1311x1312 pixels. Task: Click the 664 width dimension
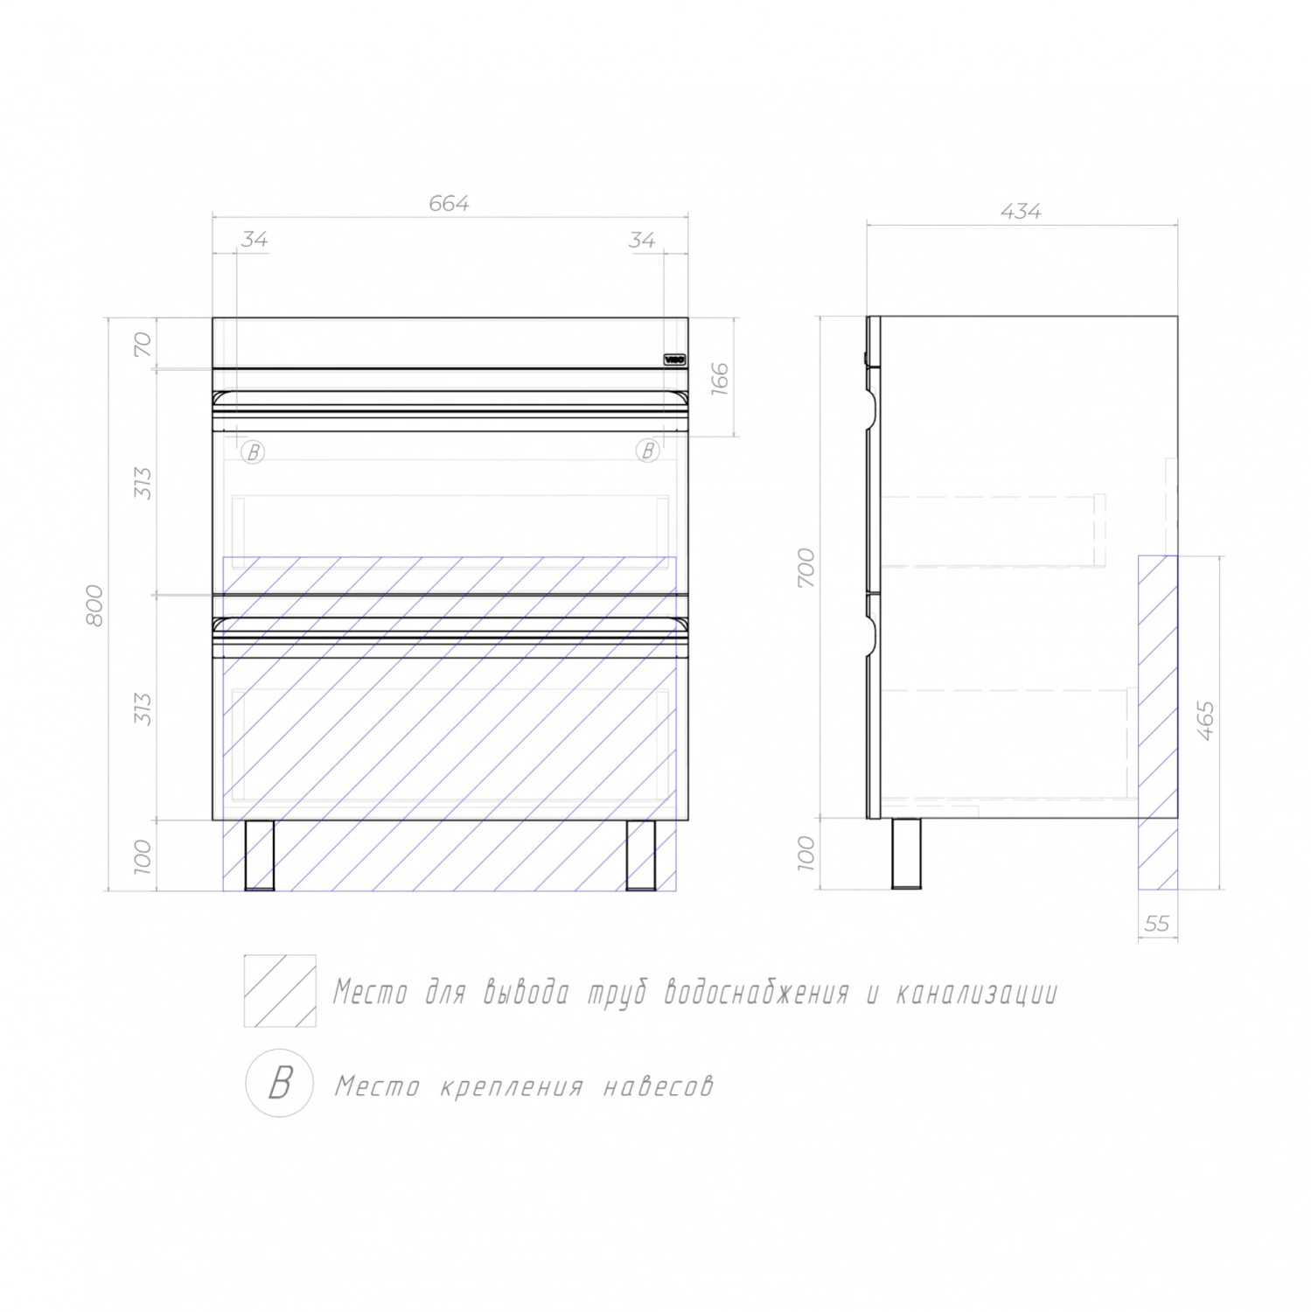(449, 203)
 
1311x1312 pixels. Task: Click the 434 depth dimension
(1021, 211)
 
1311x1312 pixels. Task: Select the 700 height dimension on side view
(805, 568)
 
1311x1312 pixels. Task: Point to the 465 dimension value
(1205, 721)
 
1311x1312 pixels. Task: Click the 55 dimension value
(1156, 923)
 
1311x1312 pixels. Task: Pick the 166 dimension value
(719, 379)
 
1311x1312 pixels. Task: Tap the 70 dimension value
(143, 344)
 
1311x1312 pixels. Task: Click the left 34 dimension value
(255, 239)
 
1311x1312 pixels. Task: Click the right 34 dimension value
(642, 239)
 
